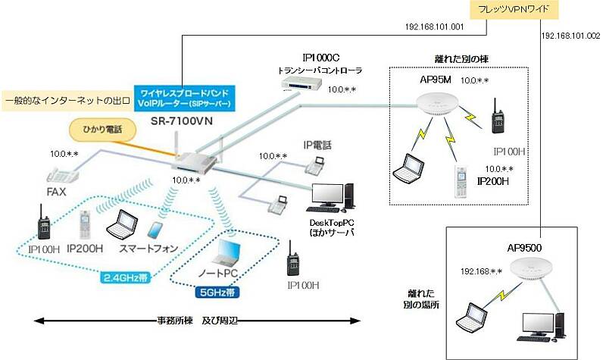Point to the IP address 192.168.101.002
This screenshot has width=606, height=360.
click(570, 36)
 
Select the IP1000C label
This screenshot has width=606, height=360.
click(323, 58)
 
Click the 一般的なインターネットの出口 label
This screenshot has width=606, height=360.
click(65, 99)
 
